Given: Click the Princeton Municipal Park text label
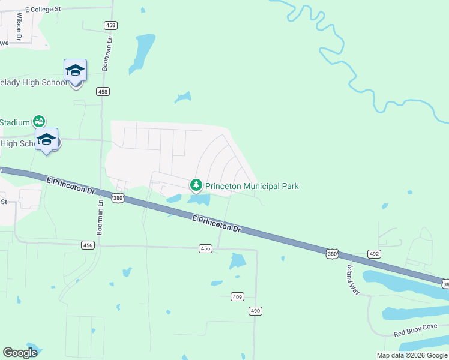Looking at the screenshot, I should tap(252, 186).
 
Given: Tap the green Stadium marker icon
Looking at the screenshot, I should tap(39, 121).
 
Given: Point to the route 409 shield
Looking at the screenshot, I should tap(237, 296).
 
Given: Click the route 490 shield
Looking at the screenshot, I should tap(256, 310).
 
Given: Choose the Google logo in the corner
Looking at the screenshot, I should tap(20, 353).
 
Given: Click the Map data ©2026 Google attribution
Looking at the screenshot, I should tap(412, 355).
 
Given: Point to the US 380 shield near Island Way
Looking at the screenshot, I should tap(333, 254).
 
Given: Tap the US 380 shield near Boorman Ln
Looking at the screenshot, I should tap(118, 198).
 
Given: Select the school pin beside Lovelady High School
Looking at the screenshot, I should tap(76, 71).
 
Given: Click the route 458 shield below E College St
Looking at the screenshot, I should tap(110, 25).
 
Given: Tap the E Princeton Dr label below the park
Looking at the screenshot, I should tap(217, 224).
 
